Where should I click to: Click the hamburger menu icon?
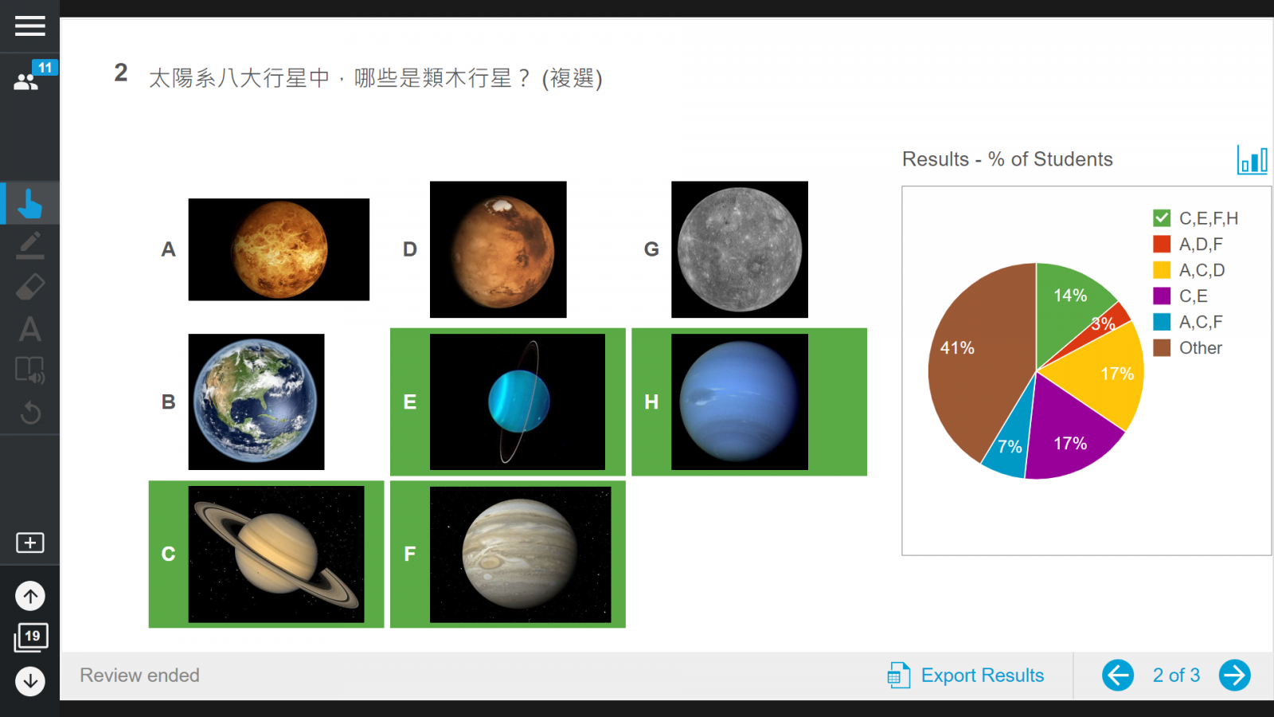(29, 26)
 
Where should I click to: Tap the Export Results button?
(966, 676)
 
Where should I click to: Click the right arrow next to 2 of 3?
(1235, 676)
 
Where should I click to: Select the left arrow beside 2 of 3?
(1118, 676)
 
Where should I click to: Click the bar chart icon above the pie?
(1252, 159)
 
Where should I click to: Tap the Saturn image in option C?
(276, 554)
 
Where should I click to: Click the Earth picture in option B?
(256, 402)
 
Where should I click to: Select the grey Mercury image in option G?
(740, 249)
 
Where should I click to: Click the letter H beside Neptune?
(651, 402)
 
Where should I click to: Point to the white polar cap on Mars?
(501, 205)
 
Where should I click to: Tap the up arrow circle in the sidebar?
(30, 596)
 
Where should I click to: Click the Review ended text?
(139, 676)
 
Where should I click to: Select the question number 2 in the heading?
(120, 72)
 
